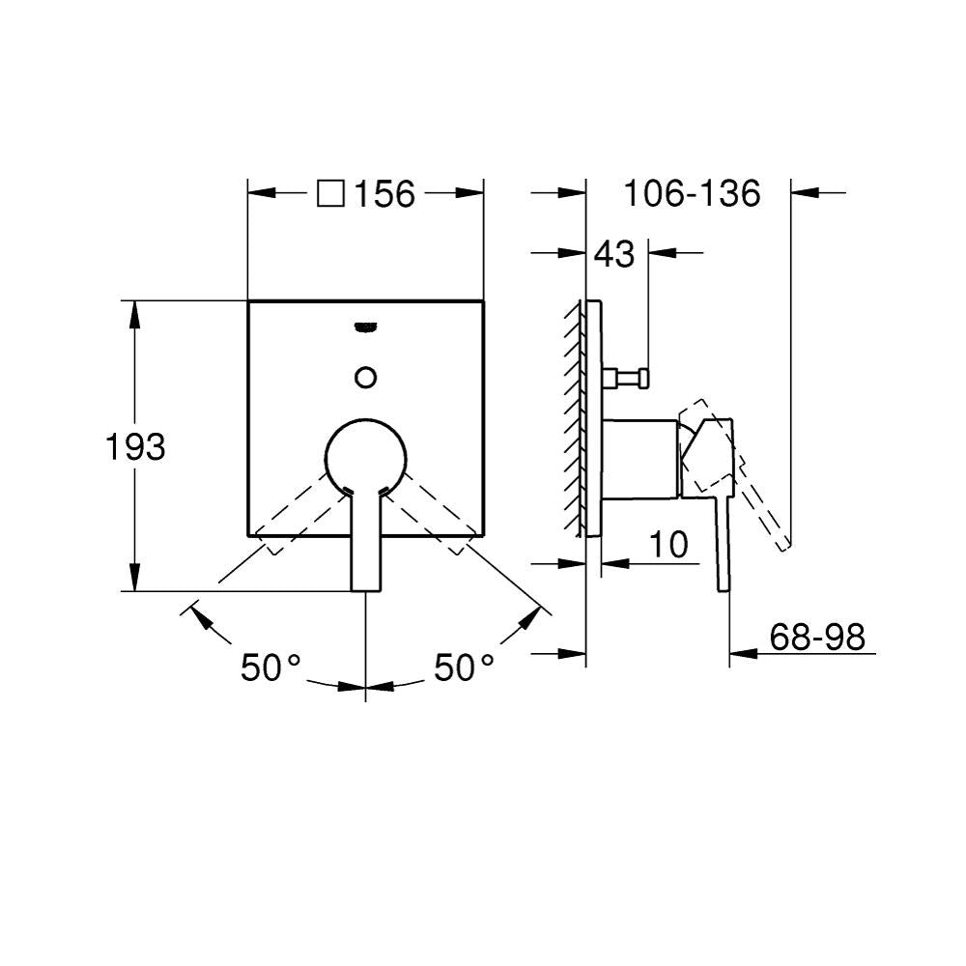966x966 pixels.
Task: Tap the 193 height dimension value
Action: click(x=135, y=446)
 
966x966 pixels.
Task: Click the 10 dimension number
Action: click(x=668, y=545)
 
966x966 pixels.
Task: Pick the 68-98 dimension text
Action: click(x=817, y=637)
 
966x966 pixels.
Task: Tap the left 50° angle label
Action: click(x=270, y=668)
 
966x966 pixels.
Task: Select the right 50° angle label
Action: click(x=464, y=668)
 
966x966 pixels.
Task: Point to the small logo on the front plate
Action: click(x=366, y=327)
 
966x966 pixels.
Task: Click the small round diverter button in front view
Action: click(x=366, y=377)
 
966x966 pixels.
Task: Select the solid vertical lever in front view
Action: click(x=366, y=542)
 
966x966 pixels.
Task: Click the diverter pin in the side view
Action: click(x=625, y=377)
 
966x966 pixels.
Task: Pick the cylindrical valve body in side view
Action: click(x=640, y=458)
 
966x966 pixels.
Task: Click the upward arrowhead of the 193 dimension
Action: click(x=133, y=314)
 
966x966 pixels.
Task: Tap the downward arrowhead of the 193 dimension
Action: click(x=133, y=578)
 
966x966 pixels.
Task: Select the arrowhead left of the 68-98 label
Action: click(x=743, y=653)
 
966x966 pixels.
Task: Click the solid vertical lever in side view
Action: click(x=723, y=542)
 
